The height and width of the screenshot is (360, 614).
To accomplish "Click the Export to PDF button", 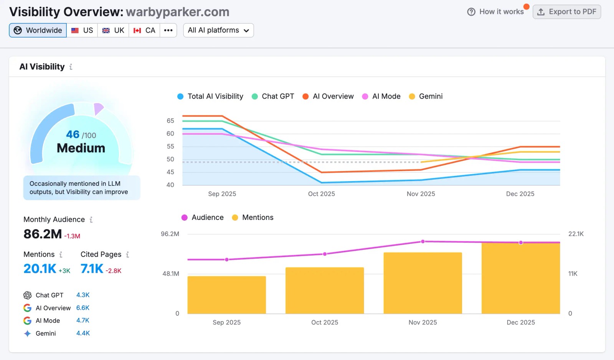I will [566, 12].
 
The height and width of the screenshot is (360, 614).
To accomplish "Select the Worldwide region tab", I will [38, 30].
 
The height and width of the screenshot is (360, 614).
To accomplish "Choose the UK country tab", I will [113, 30].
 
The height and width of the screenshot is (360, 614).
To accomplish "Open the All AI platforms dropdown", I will [218, 30].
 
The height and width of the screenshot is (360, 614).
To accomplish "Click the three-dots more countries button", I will [168, 30].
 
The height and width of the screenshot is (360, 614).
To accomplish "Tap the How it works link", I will [496, 12].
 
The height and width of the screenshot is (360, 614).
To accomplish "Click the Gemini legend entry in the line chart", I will [426, 96].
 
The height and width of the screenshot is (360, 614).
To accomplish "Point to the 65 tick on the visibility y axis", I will [170, 121].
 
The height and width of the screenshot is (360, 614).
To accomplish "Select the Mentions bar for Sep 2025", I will [227, 295].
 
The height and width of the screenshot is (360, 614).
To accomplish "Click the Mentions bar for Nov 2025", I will [423, 283].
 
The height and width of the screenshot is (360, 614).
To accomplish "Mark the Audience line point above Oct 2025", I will [325, 254].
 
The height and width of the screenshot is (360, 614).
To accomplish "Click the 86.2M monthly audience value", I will [43, 234].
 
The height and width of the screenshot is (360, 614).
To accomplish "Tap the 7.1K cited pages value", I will [92, 269].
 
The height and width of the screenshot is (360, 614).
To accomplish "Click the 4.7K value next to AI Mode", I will [83, 320].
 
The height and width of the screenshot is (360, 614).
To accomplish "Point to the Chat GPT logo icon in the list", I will [27, 295].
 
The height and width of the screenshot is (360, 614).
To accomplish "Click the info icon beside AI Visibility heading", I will [71, 67].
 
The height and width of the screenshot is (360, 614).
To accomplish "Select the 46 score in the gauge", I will [73, 134].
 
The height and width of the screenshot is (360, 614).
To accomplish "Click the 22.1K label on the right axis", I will [576, 234].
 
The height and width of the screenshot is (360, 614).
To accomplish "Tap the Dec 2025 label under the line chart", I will [520, 194].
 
